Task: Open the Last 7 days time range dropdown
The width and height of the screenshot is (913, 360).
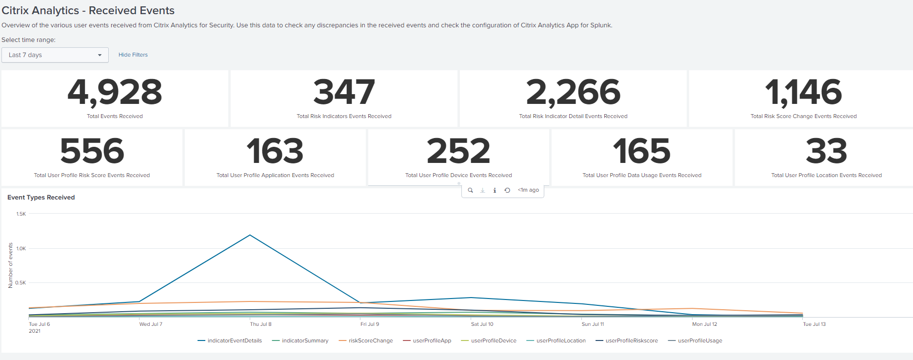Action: click(x=55, y=55)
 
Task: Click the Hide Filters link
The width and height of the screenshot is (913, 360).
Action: click(x=133, y=55)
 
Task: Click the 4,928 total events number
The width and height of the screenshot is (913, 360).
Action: click(x=115, y=92)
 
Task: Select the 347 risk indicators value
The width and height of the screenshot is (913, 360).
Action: click(x=344, y=92)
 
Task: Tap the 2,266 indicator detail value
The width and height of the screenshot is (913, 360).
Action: click(x=573, y=92)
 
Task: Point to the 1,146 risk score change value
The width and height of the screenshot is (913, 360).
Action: click(x=803, y=92)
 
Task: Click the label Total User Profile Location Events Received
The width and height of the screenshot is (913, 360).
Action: click(x=826, y=175)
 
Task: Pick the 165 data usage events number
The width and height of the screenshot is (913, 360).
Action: click(x=641, y=151)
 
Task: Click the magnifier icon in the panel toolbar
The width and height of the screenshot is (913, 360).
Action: click(x=470, y=190)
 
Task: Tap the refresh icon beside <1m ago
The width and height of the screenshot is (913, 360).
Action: click(x=507, y=190)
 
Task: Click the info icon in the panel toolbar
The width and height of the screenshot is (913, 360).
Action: click(x=495, y=190)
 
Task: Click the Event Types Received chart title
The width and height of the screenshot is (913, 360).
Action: click(x=41, y=198)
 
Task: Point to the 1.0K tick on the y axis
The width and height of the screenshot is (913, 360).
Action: click(x=21, y=248)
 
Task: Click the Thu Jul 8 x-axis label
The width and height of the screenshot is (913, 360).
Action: click(x=260, y=324)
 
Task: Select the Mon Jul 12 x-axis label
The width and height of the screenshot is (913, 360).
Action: click(x=704, y=324)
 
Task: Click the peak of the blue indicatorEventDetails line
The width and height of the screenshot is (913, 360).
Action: click(x=250, y=235)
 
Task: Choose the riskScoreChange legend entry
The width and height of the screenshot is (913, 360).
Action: click(x=370, y=340)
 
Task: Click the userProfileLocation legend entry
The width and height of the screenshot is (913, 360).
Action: click(x=560, y=340)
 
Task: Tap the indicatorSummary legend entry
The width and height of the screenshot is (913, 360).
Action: click(x=305, y=340)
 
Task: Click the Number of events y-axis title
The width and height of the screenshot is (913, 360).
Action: click(x=11, y=265)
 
